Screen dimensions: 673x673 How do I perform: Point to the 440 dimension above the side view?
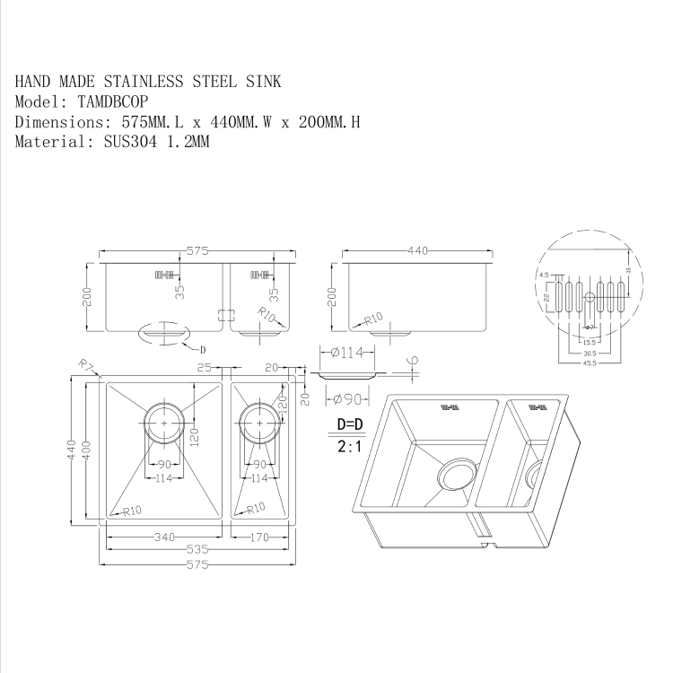click(x=418, y=251)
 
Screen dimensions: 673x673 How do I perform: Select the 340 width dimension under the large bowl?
click(x=163, y=537)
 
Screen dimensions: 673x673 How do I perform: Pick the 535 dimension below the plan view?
click(x=197, y=550)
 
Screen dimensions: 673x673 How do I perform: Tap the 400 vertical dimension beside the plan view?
click(x=87, y=448)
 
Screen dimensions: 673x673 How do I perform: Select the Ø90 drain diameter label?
click(x=346, y=398)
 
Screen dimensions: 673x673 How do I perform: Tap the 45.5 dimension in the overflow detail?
click(x=589, y=363)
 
